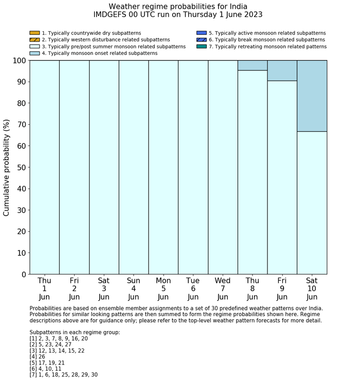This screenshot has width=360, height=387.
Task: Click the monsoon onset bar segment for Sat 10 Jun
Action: point(312,96)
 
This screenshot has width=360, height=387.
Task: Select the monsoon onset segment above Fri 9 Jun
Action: point(282,70)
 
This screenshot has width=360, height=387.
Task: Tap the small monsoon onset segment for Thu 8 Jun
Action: point(253,65)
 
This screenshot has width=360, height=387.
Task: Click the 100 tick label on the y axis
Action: point(19,61)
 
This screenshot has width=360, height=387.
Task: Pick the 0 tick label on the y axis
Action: point(23,275)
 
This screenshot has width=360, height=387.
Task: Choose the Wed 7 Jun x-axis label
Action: point(223,288)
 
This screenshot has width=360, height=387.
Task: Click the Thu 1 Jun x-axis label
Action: point(45,288)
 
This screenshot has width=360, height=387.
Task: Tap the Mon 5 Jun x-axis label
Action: point(163,288)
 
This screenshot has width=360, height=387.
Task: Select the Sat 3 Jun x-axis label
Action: point(104,288)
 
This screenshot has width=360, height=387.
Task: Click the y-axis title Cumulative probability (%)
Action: point(7,168)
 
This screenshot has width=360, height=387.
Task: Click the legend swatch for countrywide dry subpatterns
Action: point(34,33)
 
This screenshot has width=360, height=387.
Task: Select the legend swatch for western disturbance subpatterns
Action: point(34,40)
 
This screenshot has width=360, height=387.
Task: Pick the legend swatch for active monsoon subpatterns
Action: point(202,33)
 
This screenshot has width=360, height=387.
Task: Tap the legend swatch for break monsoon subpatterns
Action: point(202,40)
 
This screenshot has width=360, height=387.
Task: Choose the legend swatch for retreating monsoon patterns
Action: point(202,46)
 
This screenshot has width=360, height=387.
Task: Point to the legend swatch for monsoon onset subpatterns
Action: point(34,53)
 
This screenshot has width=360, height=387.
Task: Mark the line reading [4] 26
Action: point(40,357)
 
